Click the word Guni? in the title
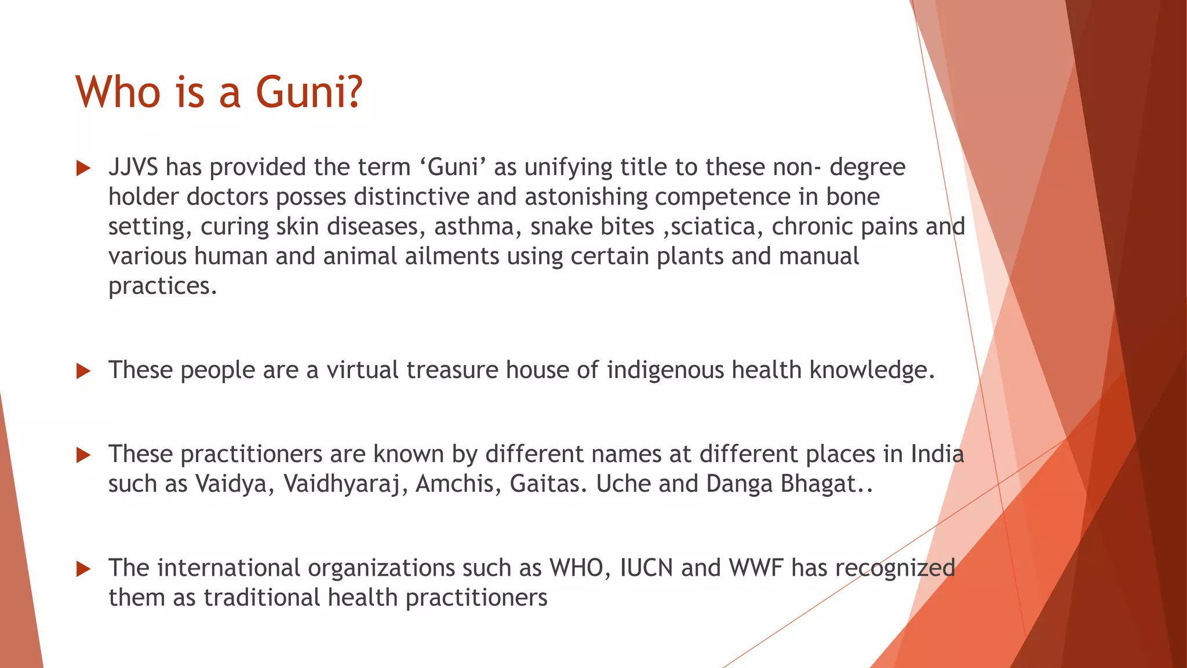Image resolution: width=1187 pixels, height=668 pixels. click(308, 93)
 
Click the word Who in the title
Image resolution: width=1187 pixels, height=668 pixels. click(118, 93)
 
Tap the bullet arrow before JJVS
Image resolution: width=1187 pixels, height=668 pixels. click(83, 169)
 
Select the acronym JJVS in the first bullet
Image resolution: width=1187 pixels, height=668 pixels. click(133, 168)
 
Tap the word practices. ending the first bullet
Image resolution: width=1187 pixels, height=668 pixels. click(163, 286)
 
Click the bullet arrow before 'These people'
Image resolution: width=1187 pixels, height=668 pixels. click(83, 371)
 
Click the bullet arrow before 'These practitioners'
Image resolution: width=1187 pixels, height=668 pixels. click(83, 455)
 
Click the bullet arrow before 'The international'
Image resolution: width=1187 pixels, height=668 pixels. click(83, 569)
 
